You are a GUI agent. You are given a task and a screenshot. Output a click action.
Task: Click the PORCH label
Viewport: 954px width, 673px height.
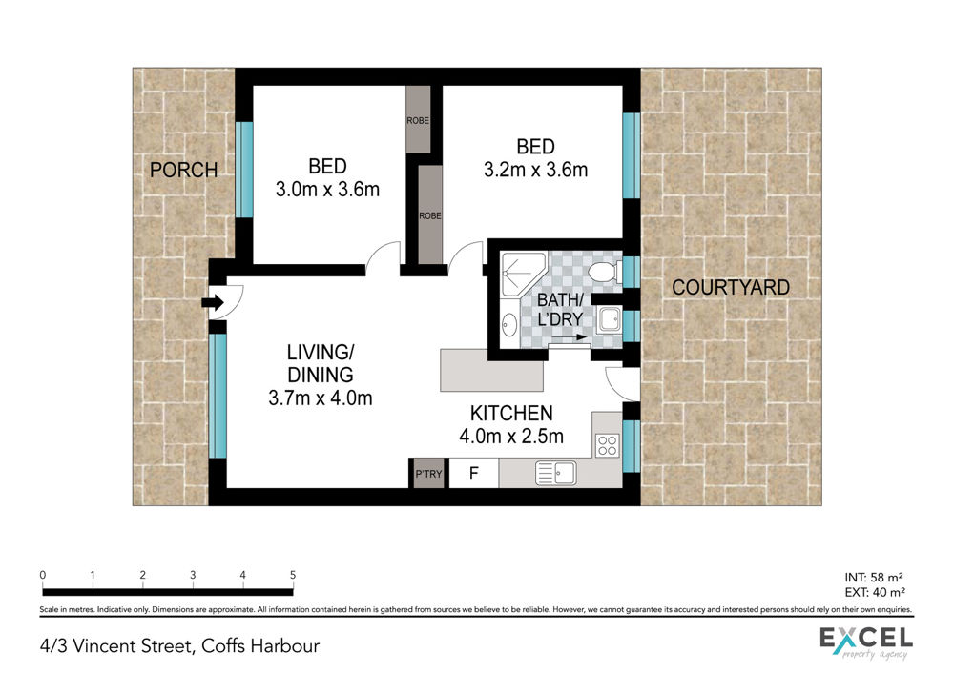tap(184, 170)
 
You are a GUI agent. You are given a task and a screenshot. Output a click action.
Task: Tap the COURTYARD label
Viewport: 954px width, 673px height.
tap(731, 287)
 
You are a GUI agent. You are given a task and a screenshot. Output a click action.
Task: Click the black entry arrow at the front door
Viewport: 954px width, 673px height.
tap(213, 302)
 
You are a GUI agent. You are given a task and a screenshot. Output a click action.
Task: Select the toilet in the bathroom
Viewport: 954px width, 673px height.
tap(604, 271)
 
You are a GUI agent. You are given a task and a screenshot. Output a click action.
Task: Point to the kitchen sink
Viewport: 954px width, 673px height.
tap(555, 473)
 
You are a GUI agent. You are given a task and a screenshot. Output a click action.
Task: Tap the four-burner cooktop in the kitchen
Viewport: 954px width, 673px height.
tap(607, 445)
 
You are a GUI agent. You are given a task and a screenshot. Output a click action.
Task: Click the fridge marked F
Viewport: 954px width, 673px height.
tap(473, 473)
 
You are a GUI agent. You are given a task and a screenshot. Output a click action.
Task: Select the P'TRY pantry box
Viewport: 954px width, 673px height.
tap(428, 473)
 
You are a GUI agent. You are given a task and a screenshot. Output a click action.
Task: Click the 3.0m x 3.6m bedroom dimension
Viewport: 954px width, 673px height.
tap(327, 189)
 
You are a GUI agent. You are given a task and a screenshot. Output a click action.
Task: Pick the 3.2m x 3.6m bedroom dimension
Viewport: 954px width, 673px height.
tap(535, 170)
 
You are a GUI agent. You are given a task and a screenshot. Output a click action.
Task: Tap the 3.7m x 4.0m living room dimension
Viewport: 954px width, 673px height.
tap(320, 398)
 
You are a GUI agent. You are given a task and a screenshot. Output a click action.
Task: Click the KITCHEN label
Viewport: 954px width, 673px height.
tap(511, 414)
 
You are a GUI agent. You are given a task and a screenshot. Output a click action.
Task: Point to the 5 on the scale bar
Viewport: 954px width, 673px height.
tap(293, 575)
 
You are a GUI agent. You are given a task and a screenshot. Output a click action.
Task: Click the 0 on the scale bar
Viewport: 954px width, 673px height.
tap(43, 575)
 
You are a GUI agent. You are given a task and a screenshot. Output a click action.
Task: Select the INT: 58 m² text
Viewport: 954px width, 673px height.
tap(874, 577)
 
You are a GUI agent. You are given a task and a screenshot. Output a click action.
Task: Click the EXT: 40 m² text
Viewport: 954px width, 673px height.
tap(875, 592)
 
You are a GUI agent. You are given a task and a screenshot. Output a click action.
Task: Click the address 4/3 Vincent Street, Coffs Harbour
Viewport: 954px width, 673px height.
tap(179, 645)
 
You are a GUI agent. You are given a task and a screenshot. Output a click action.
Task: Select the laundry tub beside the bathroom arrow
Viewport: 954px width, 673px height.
tap(609, 319)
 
